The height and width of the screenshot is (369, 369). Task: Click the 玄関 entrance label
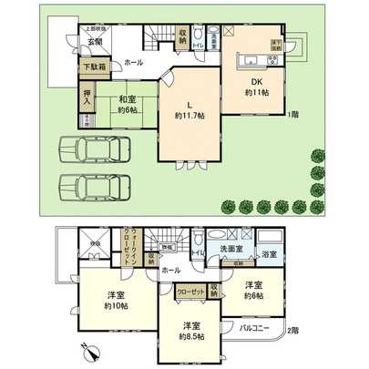coord(95,42)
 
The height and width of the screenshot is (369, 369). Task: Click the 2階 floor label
coord(292,331)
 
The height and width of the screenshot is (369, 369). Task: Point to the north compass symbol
coord(87,349)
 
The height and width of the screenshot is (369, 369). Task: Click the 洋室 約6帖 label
coord(252,290)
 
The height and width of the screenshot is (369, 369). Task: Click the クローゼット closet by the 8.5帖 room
coord(189,292)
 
